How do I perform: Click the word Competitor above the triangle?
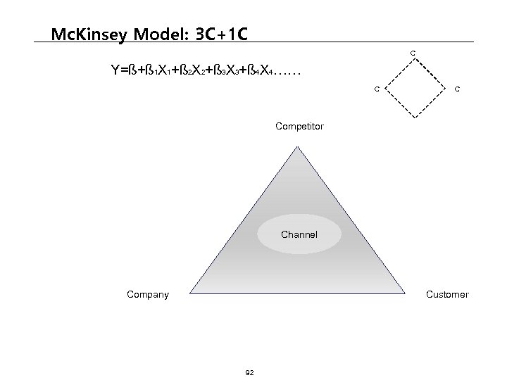pyautogui.click(x=299, y=127)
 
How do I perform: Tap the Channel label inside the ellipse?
pyautogui.click(x=299, y=234)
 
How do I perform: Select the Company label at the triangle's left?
pyautogui.click(x=147, y=294)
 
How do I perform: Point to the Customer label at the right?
pyautogui.click(x=447, y=294)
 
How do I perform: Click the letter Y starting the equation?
pyautogui.click(x=115, y=70)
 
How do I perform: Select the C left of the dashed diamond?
pyautogui.click(x=377, y=89)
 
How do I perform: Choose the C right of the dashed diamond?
pyautogui.click(x=458, y=89)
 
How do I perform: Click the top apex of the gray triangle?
pyautogui.click(x=299, y=141)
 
